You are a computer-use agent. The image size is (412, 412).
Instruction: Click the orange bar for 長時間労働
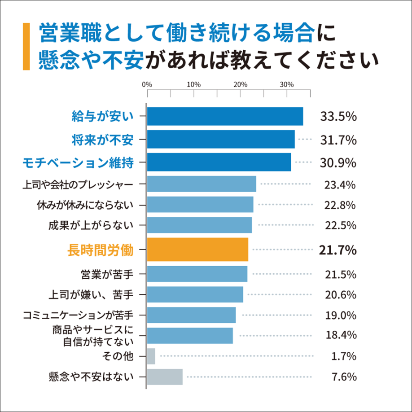point(197,250)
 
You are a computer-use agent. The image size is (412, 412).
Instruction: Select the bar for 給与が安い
point(225,117)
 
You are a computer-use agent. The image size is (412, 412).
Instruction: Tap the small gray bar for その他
point(151,356)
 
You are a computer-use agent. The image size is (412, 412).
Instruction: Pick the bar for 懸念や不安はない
point(165,377)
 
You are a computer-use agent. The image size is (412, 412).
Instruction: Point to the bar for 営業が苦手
point(197,274)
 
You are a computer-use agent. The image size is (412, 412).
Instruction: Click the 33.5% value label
point(338,117)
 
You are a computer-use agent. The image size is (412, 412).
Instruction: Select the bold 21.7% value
point(337,250)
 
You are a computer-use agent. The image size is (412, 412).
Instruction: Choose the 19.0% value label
point(340,315)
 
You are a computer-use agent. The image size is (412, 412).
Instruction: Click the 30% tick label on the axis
point(287,84)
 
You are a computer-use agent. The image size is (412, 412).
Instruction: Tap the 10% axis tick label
point(193,84)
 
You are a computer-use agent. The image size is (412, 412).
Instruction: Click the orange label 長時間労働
point(100,250)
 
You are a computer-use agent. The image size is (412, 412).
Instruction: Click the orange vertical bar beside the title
point(26,47)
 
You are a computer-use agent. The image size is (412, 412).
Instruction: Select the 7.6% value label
point(344,377)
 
